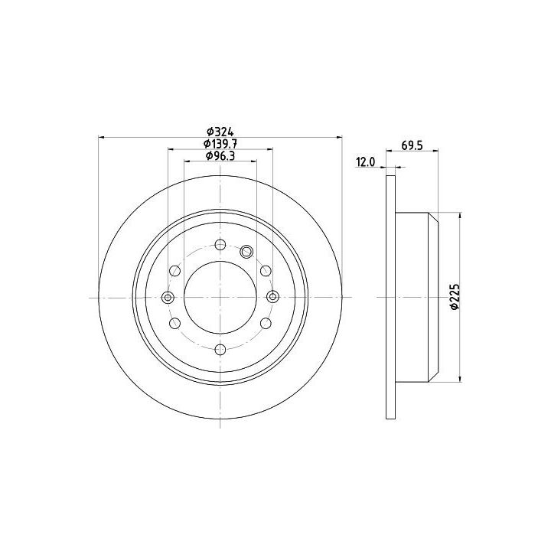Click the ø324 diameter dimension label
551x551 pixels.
coord(220,132)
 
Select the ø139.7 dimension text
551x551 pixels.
coord(220,144)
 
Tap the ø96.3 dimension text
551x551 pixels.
coord(220,155)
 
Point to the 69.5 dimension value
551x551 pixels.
coord(412,145)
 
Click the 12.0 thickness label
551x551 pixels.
coord(366,162)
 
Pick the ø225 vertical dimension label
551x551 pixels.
coord(455,297)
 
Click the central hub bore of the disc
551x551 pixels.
coord(220,297)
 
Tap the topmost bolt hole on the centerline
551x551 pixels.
coord(220,245)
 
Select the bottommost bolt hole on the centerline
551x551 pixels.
coord(220,350)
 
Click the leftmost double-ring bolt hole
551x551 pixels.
coord(168,297)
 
